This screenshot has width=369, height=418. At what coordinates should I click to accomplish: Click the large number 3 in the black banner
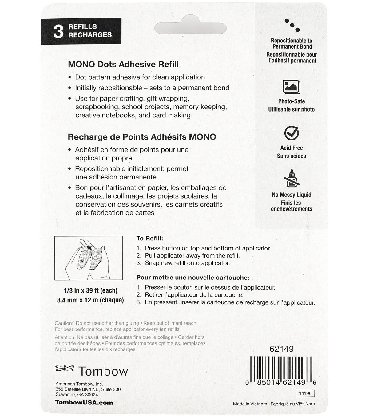tap(58, 31)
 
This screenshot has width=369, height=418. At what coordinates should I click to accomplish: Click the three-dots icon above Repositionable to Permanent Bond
tap(292, 25)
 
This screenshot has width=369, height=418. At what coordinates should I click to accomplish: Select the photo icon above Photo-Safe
tap(291, 87)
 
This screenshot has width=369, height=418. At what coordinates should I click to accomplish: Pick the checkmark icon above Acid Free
tap(292, 133)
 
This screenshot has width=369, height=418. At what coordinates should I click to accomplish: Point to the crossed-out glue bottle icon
tap(291, 178)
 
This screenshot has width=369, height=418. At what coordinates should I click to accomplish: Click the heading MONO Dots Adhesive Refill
tap(123, 65)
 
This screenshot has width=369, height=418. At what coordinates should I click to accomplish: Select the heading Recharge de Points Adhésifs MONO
tap(142, 137)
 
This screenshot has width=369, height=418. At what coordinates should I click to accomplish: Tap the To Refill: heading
tap(150, 238)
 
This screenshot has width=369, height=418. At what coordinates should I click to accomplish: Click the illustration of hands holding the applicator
tap(89, 258)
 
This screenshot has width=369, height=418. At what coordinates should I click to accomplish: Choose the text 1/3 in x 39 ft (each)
tap(90, 290)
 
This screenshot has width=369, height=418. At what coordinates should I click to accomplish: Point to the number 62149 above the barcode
tap(281, 349)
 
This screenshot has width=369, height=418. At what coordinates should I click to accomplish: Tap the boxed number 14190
tap(305, 393)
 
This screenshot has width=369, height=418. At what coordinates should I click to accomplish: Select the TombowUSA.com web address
tap(84, 403)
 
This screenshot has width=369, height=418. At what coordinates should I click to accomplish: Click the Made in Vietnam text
tap(250, 404)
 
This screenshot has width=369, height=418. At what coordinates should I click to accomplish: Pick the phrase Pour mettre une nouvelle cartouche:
tap(193, 278)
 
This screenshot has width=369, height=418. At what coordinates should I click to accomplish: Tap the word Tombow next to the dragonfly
tap(103, 371)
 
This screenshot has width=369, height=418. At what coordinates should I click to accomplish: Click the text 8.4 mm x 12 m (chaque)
tap(90, 300)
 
